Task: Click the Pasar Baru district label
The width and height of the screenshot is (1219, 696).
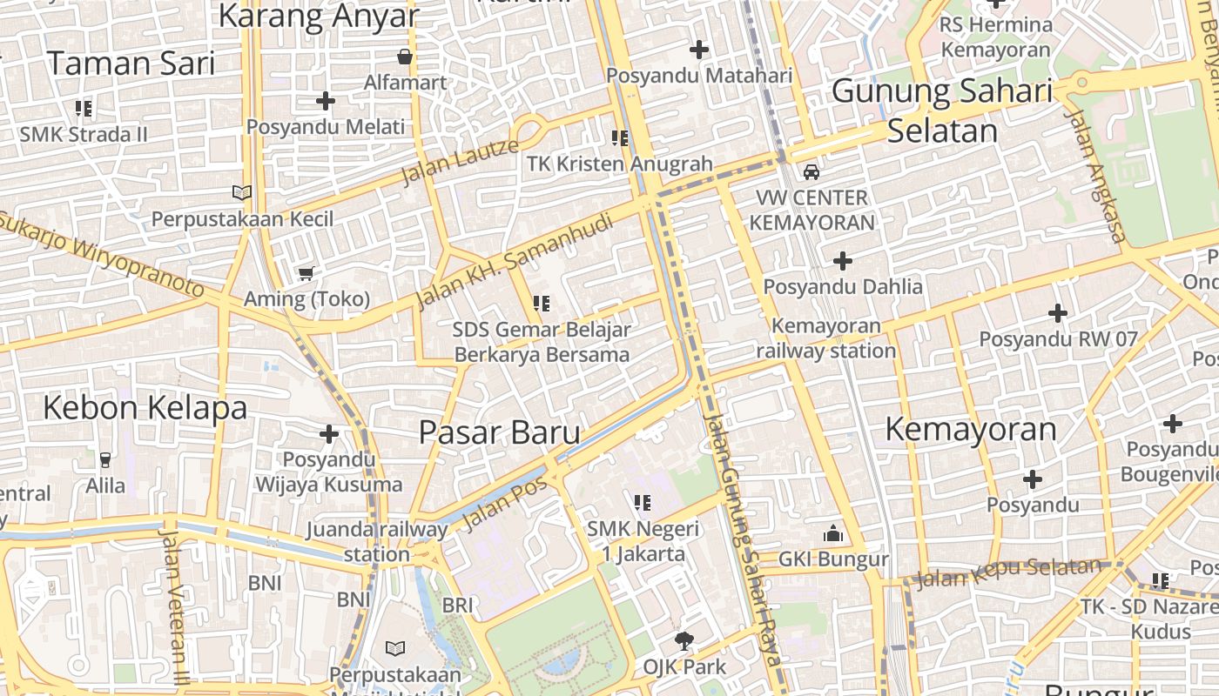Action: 499,432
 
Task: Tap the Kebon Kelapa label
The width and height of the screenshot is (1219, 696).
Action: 145,407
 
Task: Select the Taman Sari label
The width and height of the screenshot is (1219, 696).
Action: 131,64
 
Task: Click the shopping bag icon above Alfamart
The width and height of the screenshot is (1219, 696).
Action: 405,57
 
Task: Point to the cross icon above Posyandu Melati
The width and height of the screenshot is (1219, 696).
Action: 326,101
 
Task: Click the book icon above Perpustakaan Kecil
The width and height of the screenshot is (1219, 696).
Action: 241,192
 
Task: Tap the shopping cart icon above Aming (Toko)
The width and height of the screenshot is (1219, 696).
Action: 306,274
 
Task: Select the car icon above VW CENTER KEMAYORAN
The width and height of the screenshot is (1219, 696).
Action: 812,171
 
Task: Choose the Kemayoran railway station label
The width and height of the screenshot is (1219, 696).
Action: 825,338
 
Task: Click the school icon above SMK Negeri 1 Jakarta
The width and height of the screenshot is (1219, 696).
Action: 643,502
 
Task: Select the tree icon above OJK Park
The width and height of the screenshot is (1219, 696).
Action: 684,641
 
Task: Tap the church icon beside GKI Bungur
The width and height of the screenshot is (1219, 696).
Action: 833,533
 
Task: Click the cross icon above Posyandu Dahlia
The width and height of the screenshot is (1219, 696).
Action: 843,260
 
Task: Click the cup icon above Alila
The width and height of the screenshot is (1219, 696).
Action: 105,459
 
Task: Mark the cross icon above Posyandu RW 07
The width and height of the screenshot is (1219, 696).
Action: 1058,313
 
